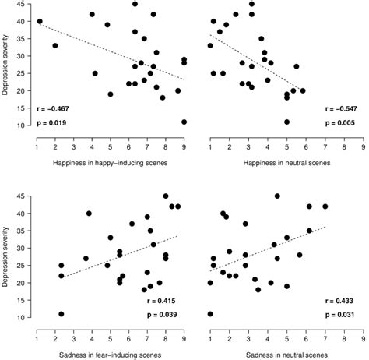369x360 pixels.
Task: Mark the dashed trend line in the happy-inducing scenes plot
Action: tap(110, 52)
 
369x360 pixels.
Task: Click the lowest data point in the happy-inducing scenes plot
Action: tap(184, 122)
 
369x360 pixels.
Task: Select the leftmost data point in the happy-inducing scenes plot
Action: tap(40, 22)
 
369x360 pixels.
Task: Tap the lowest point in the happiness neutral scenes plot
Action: tap(286, 122)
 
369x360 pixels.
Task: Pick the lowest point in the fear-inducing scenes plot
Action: tap(61, 314)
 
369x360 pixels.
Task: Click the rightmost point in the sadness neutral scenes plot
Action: tap(325, 206)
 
